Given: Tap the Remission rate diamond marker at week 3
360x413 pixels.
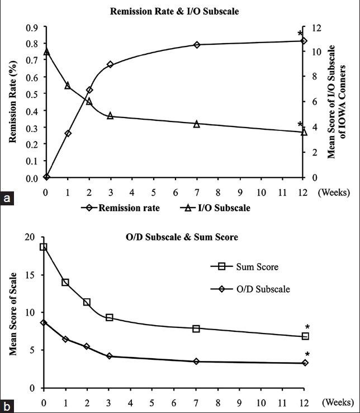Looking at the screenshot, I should click(110, 65).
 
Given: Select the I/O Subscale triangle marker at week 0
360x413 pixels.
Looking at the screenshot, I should click(46, 51).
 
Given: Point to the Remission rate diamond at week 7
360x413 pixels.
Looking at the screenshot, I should click(197, 45).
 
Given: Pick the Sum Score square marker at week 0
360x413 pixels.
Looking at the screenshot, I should click(44, 247).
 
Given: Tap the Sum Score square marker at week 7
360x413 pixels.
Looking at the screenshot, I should click(196, 328).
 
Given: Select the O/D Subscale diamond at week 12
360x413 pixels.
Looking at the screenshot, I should click(305, 363).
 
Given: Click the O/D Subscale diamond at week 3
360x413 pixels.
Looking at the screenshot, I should click(110, 356).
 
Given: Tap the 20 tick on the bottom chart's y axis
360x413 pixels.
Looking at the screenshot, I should click(31, 237).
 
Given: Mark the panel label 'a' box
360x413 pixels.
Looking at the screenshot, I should click(7, 198).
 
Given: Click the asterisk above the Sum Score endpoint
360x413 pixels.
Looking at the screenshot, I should click(307, 327).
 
